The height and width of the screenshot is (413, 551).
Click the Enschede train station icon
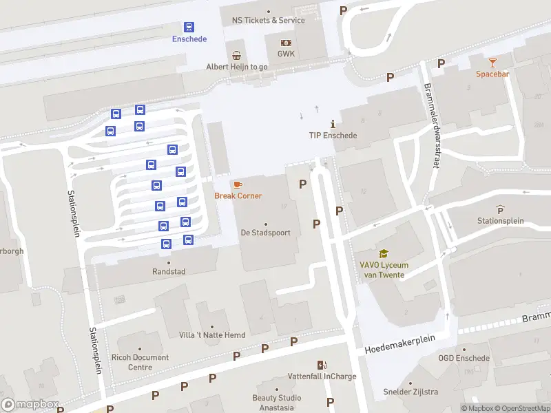(x=189, y=27)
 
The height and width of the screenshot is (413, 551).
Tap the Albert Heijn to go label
(x=237, y=67)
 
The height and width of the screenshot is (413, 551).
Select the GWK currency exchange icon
(x=286, y=43)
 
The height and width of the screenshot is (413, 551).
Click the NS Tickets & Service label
(x=269, y=20)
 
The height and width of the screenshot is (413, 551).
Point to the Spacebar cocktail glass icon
(x=492, y=63)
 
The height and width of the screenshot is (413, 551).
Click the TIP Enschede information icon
(x=333, y=125)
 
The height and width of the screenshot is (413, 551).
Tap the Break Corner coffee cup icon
(x=238, y=184)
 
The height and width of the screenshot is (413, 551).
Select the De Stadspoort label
(x=265, y=233)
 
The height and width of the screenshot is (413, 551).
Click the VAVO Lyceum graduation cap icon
(x=383, y=254)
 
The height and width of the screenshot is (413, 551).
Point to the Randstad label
(x=169, y=271)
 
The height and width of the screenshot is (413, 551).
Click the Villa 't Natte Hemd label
(x=211, y=335)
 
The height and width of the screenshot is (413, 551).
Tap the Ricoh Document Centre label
(x=140, y=362)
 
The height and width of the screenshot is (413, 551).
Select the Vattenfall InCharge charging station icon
(x=321, y=365)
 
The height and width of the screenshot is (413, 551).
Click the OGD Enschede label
(x=464, y=358)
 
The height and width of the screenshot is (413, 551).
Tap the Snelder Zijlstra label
(x=410, y=392)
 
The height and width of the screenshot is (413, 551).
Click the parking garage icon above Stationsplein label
(x=500, y=209)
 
